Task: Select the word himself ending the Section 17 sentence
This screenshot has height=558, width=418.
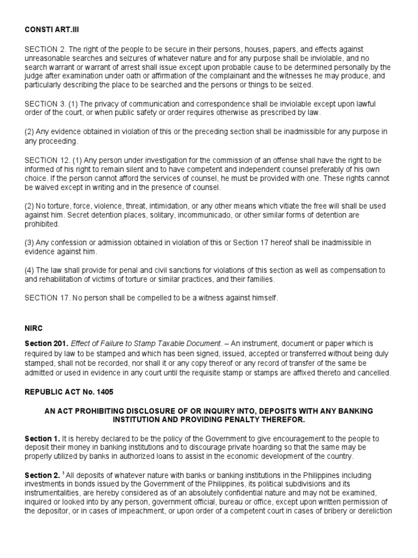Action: [263, 298]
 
